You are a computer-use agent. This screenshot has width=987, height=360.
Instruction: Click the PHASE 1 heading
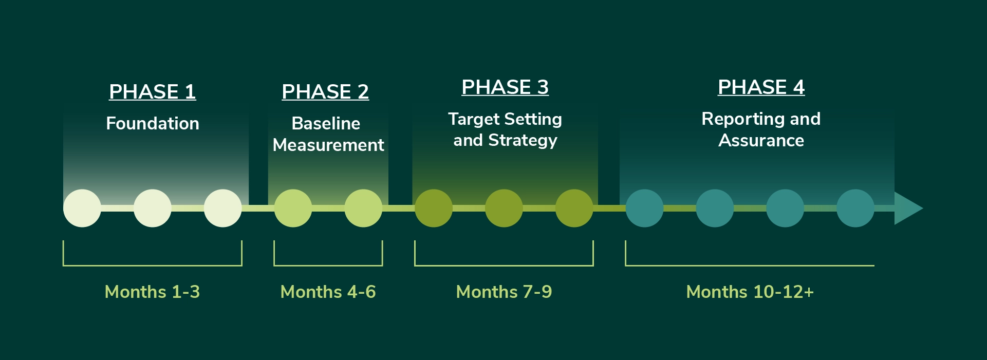152,92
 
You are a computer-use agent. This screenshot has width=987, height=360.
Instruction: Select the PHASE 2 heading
325,92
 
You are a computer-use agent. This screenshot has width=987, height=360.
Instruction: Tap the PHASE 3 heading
505,87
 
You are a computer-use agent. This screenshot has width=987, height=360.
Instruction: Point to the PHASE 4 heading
761,87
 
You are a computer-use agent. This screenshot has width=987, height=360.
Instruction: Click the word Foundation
152,124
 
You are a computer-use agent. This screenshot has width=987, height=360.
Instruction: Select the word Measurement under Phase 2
328,145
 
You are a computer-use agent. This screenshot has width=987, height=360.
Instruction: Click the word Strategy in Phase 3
523,141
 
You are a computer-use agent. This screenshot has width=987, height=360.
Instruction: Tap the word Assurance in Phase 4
761,141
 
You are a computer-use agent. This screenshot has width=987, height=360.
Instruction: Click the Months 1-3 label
152,292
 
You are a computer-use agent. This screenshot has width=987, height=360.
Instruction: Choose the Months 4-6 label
328,292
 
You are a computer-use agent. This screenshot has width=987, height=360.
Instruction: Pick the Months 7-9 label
504,292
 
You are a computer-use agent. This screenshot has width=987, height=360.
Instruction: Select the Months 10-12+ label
750,292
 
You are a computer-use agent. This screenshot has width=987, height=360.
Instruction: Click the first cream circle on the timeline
82,208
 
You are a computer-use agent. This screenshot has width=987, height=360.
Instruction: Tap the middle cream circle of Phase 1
152,208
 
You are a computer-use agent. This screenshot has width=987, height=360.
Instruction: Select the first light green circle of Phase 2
293,208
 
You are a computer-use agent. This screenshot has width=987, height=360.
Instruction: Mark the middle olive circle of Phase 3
504,208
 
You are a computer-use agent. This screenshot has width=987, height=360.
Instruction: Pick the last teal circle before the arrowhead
855,208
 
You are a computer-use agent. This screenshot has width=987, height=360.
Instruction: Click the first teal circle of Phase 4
644,208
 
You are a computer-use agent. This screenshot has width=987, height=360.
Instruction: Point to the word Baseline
325,124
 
